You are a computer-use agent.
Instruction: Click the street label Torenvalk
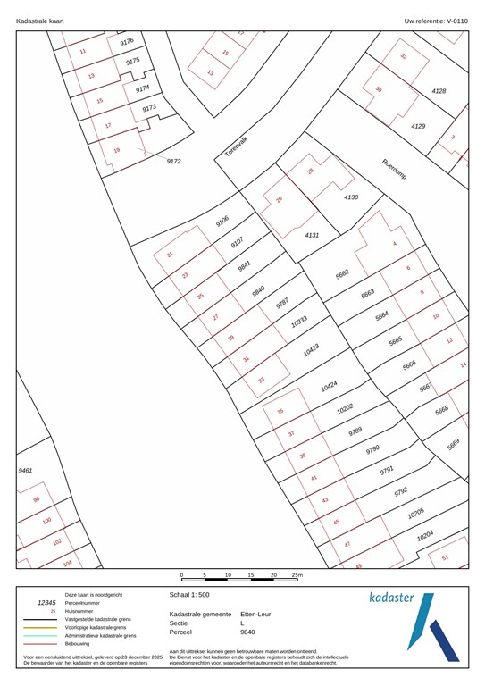(236, 147)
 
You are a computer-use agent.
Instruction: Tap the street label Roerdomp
(394, 170)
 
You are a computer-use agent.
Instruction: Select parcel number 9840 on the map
(258, 290)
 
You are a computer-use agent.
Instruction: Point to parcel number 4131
(312, 235)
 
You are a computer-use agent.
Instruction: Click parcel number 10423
(311, 350)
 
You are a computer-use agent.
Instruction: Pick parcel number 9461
(25, 469)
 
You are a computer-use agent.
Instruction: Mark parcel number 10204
(425, 535)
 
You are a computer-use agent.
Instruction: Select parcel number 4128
(438, 91)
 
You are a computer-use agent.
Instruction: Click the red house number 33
(262, 380)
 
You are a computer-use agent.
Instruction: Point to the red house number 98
(37, 500)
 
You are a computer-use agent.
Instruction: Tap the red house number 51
(445, 558)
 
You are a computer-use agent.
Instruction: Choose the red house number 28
(310, 171)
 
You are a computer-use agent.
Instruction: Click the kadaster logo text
(392, 597)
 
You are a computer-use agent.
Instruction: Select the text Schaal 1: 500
(191, 593)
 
